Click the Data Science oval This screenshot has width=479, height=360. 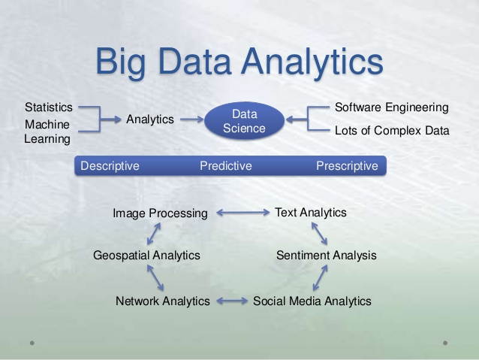(x=245, y=120)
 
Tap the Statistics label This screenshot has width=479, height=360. (x=49, y=107)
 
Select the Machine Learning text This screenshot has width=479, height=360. (x=47, y=132)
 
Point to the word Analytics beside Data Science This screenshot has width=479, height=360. (x=150, y=119)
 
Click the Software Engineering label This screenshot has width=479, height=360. (x=392, y=107)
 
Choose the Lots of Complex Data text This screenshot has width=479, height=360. (x=392, y=131)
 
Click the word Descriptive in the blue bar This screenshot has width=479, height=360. (x=110, y=166)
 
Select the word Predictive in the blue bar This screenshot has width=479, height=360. (x=226, y=166)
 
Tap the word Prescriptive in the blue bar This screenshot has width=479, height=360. (x=347, y=166)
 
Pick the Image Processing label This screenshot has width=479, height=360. (x=160, y=213)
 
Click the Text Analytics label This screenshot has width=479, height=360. (x=311, y=213)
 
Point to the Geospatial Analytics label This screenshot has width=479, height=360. (x=146, y=256)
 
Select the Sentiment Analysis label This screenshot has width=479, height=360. (x=327, y=256)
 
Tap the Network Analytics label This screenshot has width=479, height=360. (x=162, y=301)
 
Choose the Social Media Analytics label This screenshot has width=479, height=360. (x=312, y=301)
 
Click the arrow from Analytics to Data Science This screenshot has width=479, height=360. (x=192, y=119)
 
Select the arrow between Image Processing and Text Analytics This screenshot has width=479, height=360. (x=243, y=212)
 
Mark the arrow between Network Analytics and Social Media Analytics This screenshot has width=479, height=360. (x=232, y=301)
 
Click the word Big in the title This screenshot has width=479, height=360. (x=121, y=62)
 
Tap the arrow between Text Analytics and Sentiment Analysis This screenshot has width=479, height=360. (x=319, y=234)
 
